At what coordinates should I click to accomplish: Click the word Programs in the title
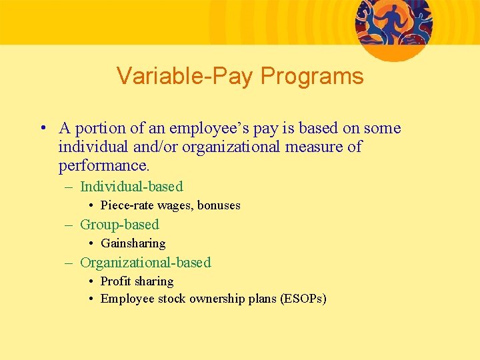pos(312,77)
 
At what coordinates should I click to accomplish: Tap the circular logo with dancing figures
pos(393,27)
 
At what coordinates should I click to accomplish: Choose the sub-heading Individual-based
pos(131,187)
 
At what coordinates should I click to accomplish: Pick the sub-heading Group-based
pos(119,225)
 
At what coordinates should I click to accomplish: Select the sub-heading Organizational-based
pos(145,263)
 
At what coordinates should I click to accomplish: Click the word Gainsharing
pos(133,243)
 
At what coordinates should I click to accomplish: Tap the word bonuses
pos(219,205)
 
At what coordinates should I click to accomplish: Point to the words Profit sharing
pos(137,281)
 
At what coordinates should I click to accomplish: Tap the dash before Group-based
pos(69,225)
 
